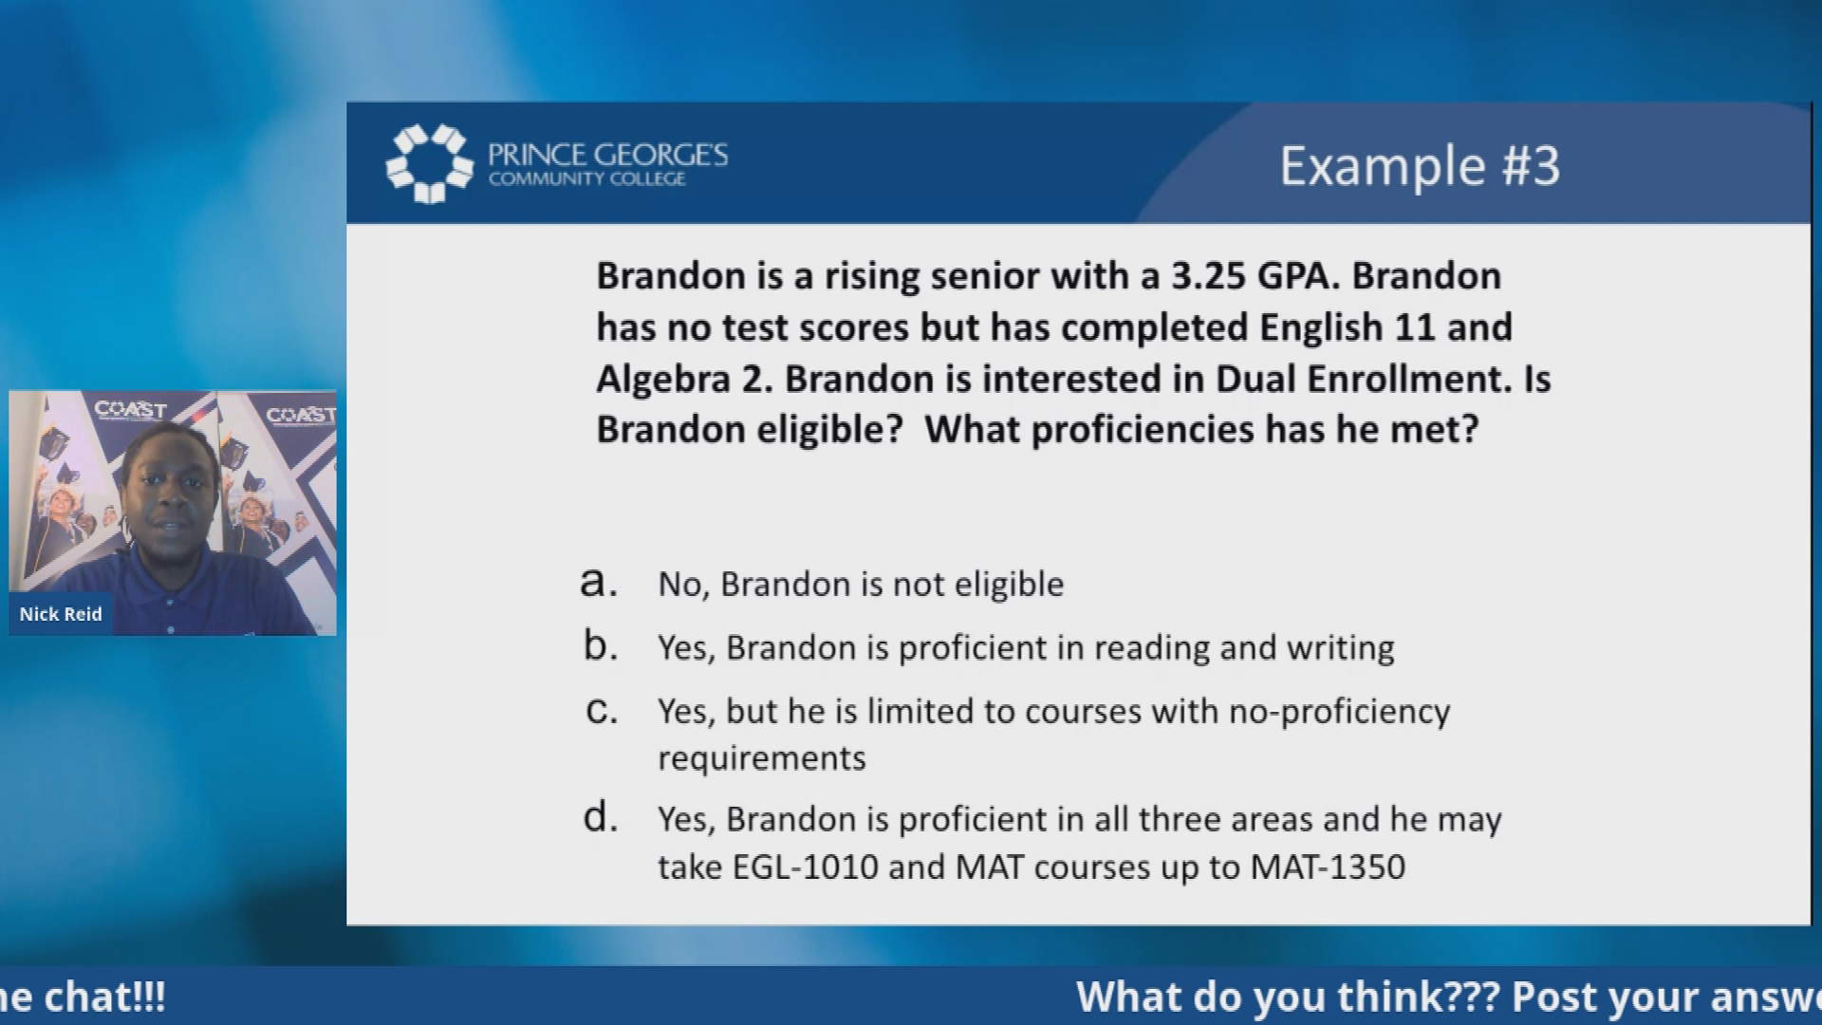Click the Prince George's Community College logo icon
[x=429, y=164]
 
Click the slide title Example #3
[x=1420, y=166]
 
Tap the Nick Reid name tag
[x=61, y=614]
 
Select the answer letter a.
[x=599, y=582]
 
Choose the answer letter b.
[x=600, y=645]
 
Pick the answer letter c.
[x=602, y=710]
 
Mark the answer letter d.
[x=600, y=816]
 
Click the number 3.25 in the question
[x=1209, y=276]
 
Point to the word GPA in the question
[x=1299, y=276]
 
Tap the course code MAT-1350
[x=1328, y=867]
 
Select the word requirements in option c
[x=762, y=759]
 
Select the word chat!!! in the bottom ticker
[x=104, y=997]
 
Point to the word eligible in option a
[x=1009, y=585]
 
